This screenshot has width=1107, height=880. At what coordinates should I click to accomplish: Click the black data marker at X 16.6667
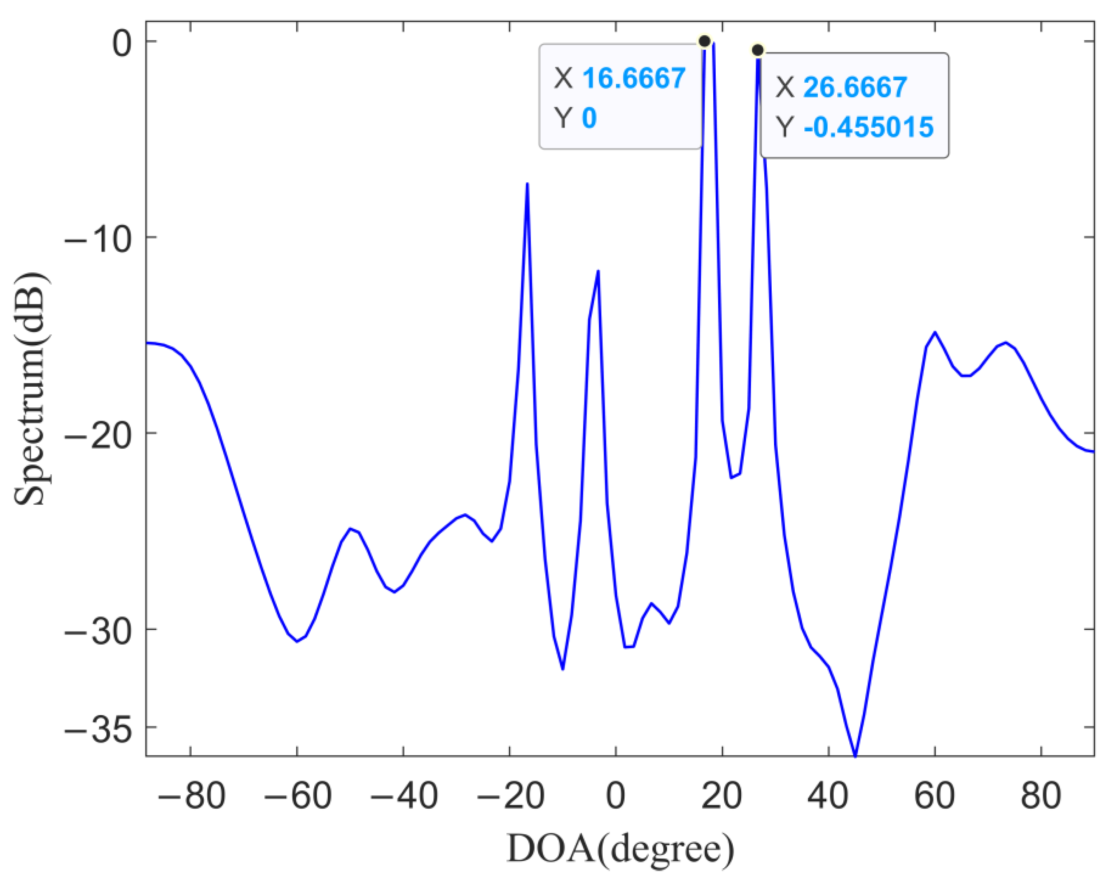pyautogui.click(x=704, y=41)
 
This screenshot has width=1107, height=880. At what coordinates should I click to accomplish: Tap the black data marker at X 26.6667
pyautogui.click(x=757, y=50)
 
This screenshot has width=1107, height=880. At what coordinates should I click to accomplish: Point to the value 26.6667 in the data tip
pyautogui.click(x=855, y=87)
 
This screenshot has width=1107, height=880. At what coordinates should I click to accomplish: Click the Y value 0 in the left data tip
pyautogui.click(x=589, y=118)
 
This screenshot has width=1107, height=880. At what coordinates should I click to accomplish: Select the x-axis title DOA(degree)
pyautogui.click(x=620, y=849)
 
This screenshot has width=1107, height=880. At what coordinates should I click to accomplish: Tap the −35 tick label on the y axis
pyautogui.click(x=98, y=728)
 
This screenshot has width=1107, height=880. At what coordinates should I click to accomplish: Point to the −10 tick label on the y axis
pyautogui.click(x=98, y=238)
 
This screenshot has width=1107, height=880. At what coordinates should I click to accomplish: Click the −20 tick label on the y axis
pyautogui.click(x=98, y=434)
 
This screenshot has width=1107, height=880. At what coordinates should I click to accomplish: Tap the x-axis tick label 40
pyautogui.click(x=828, y=796)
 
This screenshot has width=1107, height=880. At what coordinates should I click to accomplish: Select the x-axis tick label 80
pyautogui.click(x=1041, y=796)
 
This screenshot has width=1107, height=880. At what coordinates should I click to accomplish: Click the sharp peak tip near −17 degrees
pyautogui.click(x=527, y=184)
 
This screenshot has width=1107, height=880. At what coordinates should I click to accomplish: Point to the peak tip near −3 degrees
pyautogui.click(x=598, y=271)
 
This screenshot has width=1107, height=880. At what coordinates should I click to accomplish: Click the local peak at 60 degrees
pyautogui.click(x=935, y=332)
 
